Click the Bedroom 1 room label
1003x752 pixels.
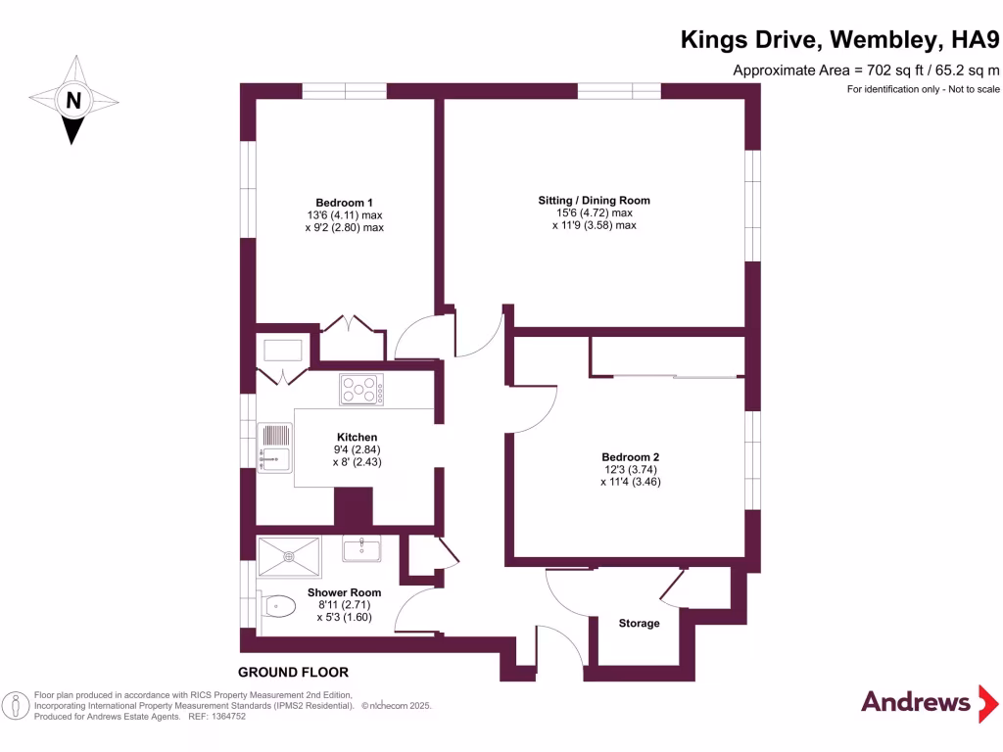344,202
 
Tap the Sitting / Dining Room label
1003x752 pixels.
594,200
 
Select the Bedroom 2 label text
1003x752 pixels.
630,457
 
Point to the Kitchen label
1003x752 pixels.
357,437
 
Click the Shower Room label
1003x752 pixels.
344,592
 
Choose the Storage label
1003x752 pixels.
639,623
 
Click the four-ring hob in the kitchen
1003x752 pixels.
361,390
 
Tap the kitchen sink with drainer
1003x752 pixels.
275,446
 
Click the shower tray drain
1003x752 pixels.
289,556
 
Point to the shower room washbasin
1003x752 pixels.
361,549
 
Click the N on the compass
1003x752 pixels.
72,99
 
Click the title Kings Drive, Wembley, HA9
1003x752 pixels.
840,40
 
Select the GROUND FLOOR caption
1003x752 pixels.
293,673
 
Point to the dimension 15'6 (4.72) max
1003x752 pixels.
594,212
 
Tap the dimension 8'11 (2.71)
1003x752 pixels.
344,605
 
